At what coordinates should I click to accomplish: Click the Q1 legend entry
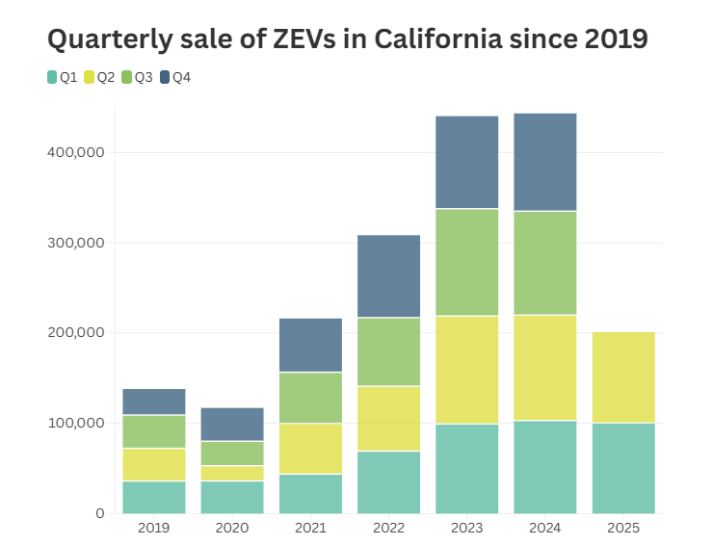coord(63,77)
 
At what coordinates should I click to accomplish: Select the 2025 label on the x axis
coord(623,529)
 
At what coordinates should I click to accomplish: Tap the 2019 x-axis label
coord(153,529)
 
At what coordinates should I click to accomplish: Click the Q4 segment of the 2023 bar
coord(466,162)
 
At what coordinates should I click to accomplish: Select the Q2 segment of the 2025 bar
coord(623,377)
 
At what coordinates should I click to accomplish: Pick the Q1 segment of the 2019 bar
coord(153,497)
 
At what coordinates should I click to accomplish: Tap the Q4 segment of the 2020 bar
coord(232,424)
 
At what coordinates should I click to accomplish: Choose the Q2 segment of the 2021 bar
coord(310,449)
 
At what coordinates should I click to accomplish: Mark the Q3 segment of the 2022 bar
coord(388,351)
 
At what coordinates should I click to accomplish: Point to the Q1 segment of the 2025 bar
coord(623,468)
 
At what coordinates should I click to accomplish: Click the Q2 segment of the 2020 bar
coord(232,473)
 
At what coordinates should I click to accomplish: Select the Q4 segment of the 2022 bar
coord(388,275)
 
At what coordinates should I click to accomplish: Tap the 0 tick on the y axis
coord(99,513)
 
